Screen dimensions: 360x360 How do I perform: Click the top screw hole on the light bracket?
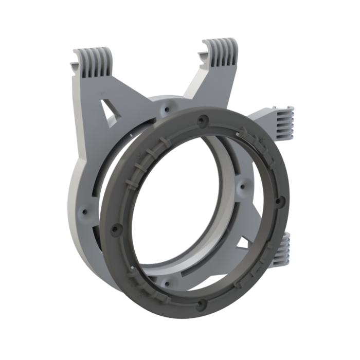pyautogui.click(x=166, y=109)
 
